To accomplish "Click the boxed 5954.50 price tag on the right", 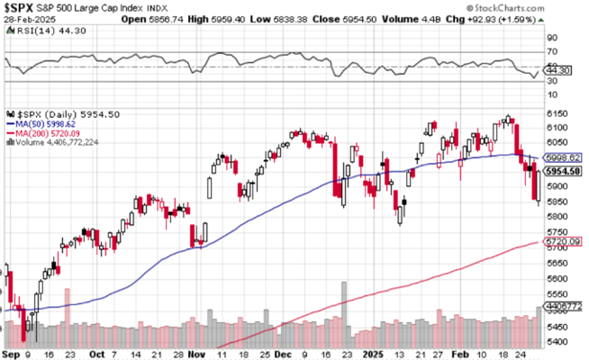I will (x=564, y=171).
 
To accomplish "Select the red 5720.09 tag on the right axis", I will (x=564, y=242).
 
